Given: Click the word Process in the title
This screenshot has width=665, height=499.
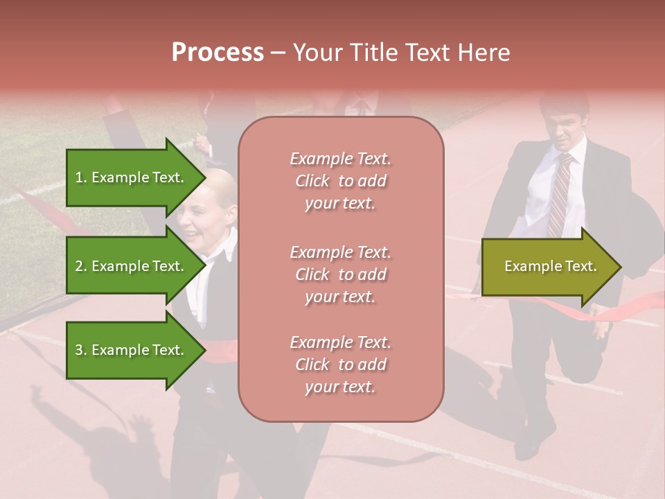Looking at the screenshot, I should click(218, 53).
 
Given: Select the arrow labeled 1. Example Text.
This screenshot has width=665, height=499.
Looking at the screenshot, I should click(132, 177).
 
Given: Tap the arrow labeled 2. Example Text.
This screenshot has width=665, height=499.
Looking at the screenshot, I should click(132, 266).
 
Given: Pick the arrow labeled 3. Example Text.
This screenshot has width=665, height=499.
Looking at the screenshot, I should click(132, 350).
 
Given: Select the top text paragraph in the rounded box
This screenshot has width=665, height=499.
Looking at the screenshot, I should click(341, 181).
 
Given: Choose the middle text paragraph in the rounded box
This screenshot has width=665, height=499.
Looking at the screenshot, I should click(341, 274).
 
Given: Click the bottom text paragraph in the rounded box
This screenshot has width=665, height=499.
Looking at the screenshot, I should click(341, 365).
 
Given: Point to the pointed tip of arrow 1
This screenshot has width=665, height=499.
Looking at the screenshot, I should click(205, 177).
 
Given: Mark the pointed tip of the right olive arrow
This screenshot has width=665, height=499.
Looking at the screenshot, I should click(620, 267).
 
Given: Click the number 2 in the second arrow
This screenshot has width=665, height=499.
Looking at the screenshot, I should click(79, 266).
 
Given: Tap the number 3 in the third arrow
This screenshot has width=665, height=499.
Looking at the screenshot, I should click(79, 350).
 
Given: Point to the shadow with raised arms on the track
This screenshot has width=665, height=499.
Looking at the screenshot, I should click(104, 444).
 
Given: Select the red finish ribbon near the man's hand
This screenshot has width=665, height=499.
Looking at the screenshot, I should click(623, 308).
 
